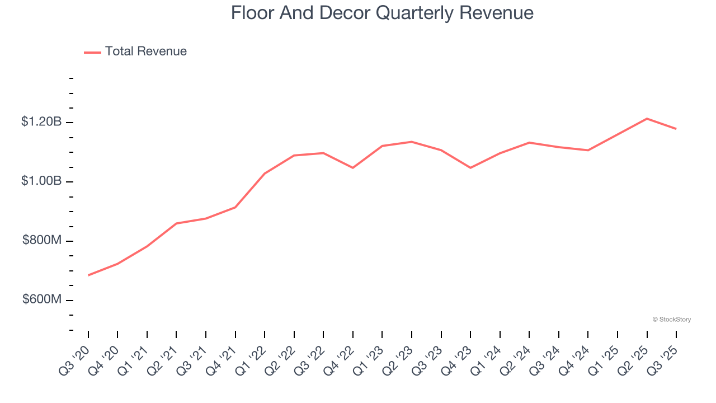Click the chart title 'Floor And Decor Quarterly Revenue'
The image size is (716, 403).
tap(382, 13)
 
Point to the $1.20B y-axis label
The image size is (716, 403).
tap(41, 121)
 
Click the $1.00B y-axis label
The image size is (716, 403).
tap(41, 181)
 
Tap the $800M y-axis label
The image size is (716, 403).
tap(41, 240)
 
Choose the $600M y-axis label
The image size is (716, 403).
tap(41, 299)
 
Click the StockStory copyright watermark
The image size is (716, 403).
tap(671, 320)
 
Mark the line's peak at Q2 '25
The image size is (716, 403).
tap(647, 119)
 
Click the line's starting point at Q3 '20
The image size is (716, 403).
tap(88, 275)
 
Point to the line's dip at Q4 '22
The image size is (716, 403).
tap(353, 168)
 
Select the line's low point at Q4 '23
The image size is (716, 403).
tap(470, 168)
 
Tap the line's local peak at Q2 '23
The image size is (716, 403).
tap(412, 142)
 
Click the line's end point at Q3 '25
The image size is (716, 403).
tap(676, 129)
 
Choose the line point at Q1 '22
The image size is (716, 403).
tap(265, 174)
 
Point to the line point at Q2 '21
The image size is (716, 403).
tap(176, 223)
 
